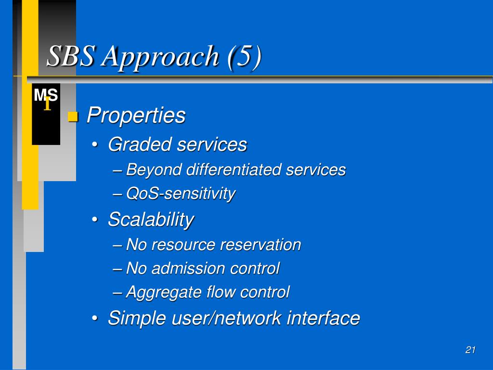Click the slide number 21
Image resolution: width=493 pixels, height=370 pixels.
click(x=470, y=350)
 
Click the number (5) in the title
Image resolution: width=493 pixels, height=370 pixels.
click(x=245, y=57)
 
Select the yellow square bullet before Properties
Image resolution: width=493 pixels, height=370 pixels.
click(x=73, y=117)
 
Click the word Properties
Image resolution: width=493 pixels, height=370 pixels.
click(x=136, y=116)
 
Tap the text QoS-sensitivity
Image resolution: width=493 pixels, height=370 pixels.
click(x=181, y=194)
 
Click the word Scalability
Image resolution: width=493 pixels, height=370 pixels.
click(x=151, y=220)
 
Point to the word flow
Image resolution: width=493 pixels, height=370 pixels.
click(x=221, y=291)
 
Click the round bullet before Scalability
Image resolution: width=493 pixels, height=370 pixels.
click(x=95, y=220)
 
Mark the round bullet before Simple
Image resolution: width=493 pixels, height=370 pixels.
click(x=95, y=318)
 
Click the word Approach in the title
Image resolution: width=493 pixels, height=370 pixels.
click(x=160, y=57)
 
